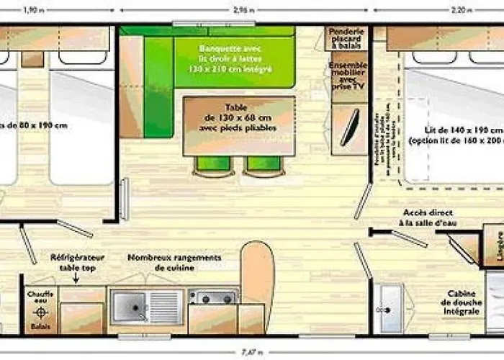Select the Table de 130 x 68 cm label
pos(239,117)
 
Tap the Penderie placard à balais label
pos(347,39)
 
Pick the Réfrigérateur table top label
pos(77,262)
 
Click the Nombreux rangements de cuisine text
pos(174,262)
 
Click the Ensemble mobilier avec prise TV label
pos(348,75)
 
